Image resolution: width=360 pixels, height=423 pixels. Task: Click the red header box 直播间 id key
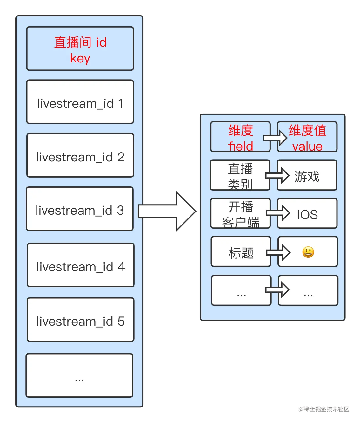80,49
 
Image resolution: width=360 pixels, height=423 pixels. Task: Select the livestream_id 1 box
80,102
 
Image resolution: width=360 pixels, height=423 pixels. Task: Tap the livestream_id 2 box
80,155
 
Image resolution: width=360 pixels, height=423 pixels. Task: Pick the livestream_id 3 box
80,209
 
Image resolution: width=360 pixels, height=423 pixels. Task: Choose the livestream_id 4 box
81,265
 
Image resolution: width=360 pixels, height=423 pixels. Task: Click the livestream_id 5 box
81,320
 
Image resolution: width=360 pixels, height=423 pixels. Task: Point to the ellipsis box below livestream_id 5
79,375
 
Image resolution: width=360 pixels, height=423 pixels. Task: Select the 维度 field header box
240,137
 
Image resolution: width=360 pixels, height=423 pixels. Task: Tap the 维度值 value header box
307,137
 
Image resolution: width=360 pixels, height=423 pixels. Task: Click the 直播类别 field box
240,175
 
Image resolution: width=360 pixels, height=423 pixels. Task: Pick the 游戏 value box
307,175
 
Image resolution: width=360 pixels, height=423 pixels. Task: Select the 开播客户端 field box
240,213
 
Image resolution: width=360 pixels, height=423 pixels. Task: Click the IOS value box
307,213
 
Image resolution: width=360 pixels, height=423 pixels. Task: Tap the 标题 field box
241,252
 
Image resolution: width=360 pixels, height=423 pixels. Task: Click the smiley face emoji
308,252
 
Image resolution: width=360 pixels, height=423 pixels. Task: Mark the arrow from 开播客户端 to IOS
278,213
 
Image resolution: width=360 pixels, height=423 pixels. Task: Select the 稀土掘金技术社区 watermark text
323,409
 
